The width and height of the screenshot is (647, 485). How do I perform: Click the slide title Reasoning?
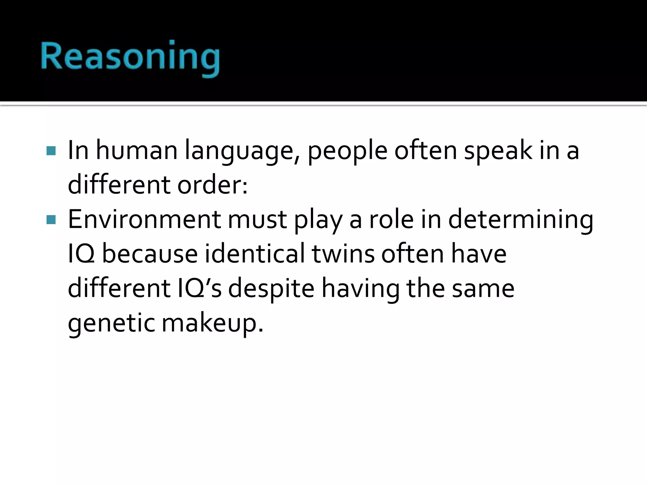coord(130,57)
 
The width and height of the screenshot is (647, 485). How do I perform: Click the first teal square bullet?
coord(51,151)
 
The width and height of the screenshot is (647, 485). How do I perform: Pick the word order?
coord(212,185)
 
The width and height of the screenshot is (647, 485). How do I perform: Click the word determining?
coord(521,220)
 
